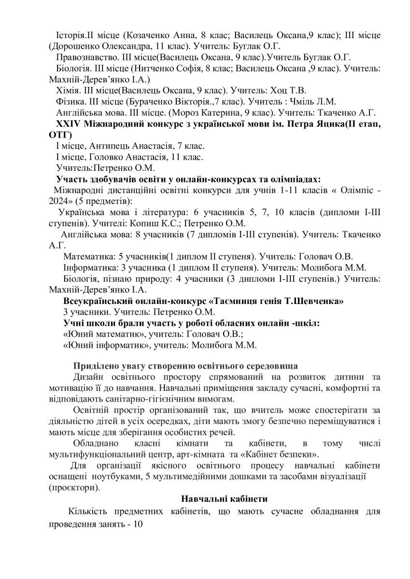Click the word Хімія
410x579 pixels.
click(x=68, y=90)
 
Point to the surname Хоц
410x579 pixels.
click(x=284, y=90)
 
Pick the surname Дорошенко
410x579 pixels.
click(x=75, y=46)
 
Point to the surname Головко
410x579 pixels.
click(x=102, y=157)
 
